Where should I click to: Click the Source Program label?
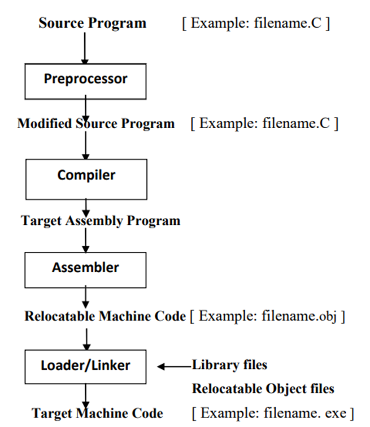(92, 23)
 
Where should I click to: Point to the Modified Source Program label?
(96, 124)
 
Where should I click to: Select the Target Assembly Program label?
(101, 221)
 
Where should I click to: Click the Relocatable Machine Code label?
(105, 316)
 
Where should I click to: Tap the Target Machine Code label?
(97, 413)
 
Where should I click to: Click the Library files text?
(230, 365)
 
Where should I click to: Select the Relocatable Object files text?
(263, 389)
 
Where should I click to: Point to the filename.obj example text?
(299, 316)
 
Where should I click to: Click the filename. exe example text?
(305, 413)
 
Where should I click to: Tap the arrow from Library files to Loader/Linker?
(175, 367)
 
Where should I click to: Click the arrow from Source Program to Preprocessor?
(85, 48)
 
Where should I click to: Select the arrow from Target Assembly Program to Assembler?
(86, 240)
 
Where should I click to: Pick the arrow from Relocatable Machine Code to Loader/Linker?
(86, 339)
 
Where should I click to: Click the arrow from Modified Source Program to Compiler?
(86, 145)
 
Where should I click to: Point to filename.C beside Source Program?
(288, 23)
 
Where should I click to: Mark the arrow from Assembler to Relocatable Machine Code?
(85, 297)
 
